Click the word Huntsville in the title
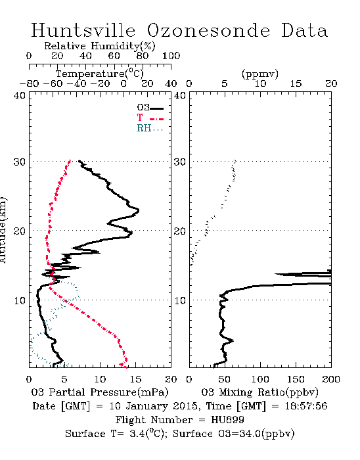(83, 30)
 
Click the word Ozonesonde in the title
(208, 30)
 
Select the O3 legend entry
(150, 108)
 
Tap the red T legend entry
(150, 118)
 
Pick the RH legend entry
(150, 128)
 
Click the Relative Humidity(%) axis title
(100, 46)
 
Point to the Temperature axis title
(100, 74)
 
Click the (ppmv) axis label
(260, 74)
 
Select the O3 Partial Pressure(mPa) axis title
(100, 392)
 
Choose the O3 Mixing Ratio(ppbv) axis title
(259, 392)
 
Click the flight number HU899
(227, 419)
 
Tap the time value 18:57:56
(306, 405)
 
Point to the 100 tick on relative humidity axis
(171, 56)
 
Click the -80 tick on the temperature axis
(29, 83)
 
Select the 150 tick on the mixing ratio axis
(296, 379)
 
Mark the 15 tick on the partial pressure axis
(135, 379)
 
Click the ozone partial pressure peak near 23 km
(139, 210)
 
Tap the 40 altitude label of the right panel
(180, 95)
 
